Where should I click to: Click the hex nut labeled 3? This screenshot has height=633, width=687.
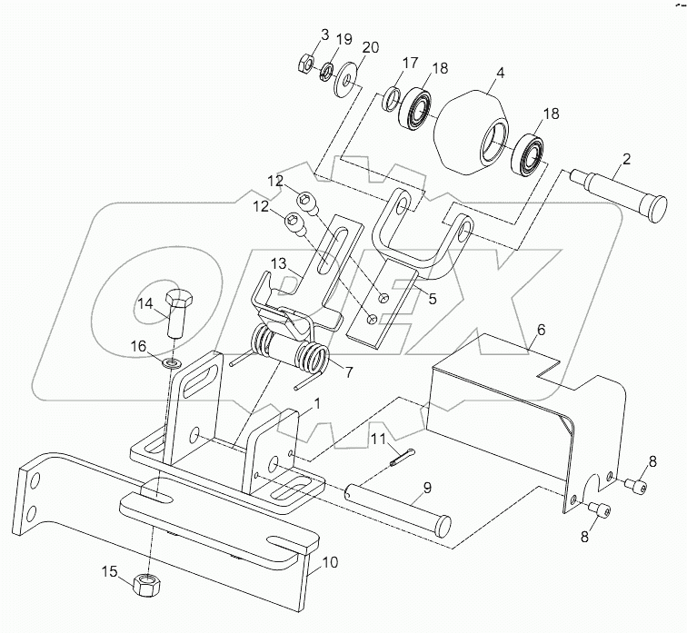tap(306, 64)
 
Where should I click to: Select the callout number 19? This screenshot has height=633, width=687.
tap(343, 39)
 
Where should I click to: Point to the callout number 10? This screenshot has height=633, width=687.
tap(328, 563)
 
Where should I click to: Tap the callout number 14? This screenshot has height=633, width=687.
tap(145, 304)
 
